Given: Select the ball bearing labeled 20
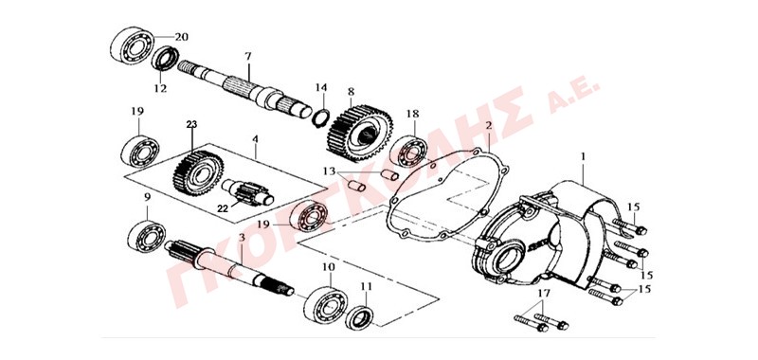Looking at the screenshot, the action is [132, 45].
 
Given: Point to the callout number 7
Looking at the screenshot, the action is [248, 56].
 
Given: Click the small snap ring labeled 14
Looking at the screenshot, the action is [321, 117].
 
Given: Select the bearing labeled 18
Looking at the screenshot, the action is [408, 151].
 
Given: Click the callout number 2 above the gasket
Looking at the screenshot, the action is [489, 126].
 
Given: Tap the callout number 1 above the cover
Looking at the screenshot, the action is [584, 156].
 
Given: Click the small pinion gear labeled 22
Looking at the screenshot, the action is [247, 192].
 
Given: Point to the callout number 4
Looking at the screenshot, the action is [255, 138].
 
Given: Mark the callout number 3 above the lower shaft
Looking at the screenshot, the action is [243, 238].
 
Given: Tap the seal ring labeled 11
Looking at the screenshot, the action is [359, 317].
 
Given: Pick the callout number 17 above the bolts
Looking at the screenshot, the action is [543, 294].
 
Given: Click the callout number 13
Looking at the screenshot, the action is [329, 171].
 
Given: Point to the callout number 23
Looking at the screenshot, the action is [192, 124].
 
